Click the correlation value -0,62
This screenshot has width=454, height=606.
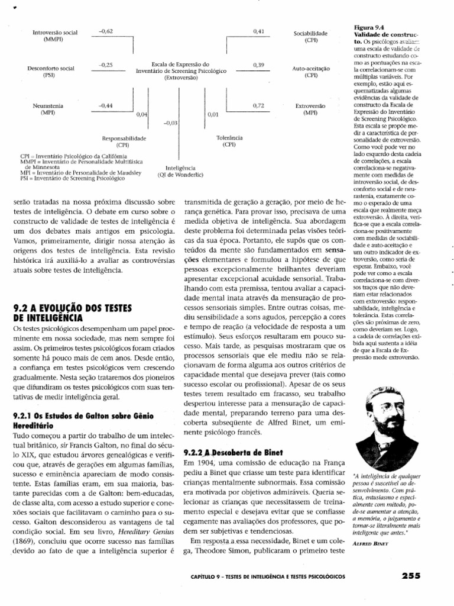tap(106, 30)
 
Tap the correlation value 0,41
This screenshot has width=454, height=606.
tap(258, 30)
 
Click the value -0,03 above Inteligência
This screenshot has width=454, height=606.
tap(170, 123)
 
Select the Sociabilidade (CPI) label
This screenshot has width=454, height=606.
tap(310, 38)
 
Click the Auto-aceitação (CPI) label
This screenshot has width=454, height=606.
tap(310, 72)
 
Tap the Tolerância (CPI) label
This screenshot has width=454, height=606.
tap(227, 141)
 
